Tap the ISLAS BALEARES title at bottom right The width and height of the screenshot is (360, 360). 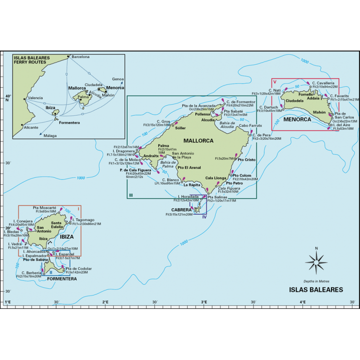click(316, 289)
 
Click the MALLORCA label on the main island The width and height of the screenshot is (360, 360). click(198, 141)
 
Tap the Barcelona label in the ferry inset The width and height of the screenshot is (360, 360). click(80, 57)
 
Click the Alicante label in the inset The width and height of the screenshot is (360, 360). click(31, 128)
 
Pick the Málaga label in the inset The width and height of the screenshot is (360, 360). click(50, 136)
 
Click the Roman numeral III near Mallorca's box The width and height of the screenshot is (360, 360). click(131, 195)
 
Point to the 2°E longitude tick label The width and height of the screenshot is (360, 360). click(105, 302)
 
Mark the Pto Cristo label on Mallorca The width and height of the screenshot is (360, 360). click(247, 160)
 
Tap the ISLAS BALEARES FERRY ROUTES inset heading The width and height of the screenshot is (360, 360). click(31, 61)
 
